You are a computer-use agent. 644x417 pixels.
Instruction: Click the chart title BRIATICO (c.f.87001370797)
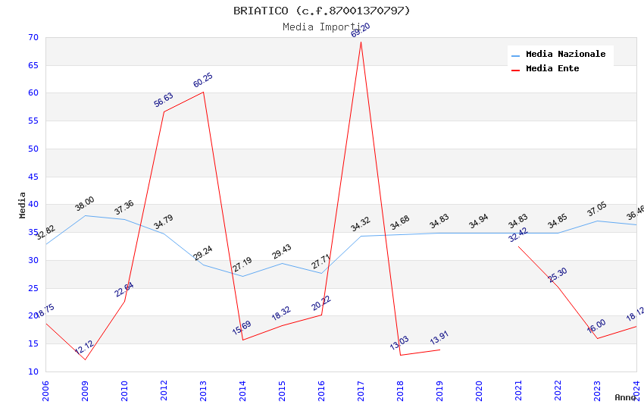coord(321,11)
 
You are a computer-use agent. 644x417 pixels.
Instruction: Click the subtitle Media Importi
coord(321,27)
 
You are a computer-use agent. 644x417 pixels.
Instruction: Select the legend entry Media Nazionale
coord(565,55)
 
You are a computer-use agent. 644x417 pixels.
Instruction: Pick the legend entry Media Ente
coord(552,69)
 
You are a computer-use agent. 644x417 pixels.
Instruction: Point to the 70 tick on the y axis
coord(33,38)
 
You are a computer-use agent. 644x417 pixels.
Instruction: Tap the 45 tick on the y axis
coord(33,177)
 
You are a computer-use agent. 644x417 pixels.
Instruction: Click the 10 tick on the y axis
coord(33,372)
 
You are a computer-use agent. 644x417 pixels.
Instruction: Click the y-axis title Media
coord(23,205)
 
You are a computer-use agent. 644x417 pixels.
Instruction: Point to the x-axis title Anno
coord(625,397)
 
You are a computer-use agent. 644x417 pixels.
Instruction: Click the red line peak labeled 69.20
coord(361,41)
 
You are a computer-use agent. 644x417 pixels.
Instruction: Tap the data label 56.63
coord(164,100)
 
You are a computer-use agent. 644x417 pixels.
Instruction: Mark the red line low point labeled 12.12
coord(85,359)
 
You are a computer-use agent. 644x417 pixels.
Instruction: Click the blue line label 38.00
coord(84,204)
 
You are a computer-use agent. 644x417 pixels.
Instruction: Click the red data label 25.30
coord(558,275)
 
